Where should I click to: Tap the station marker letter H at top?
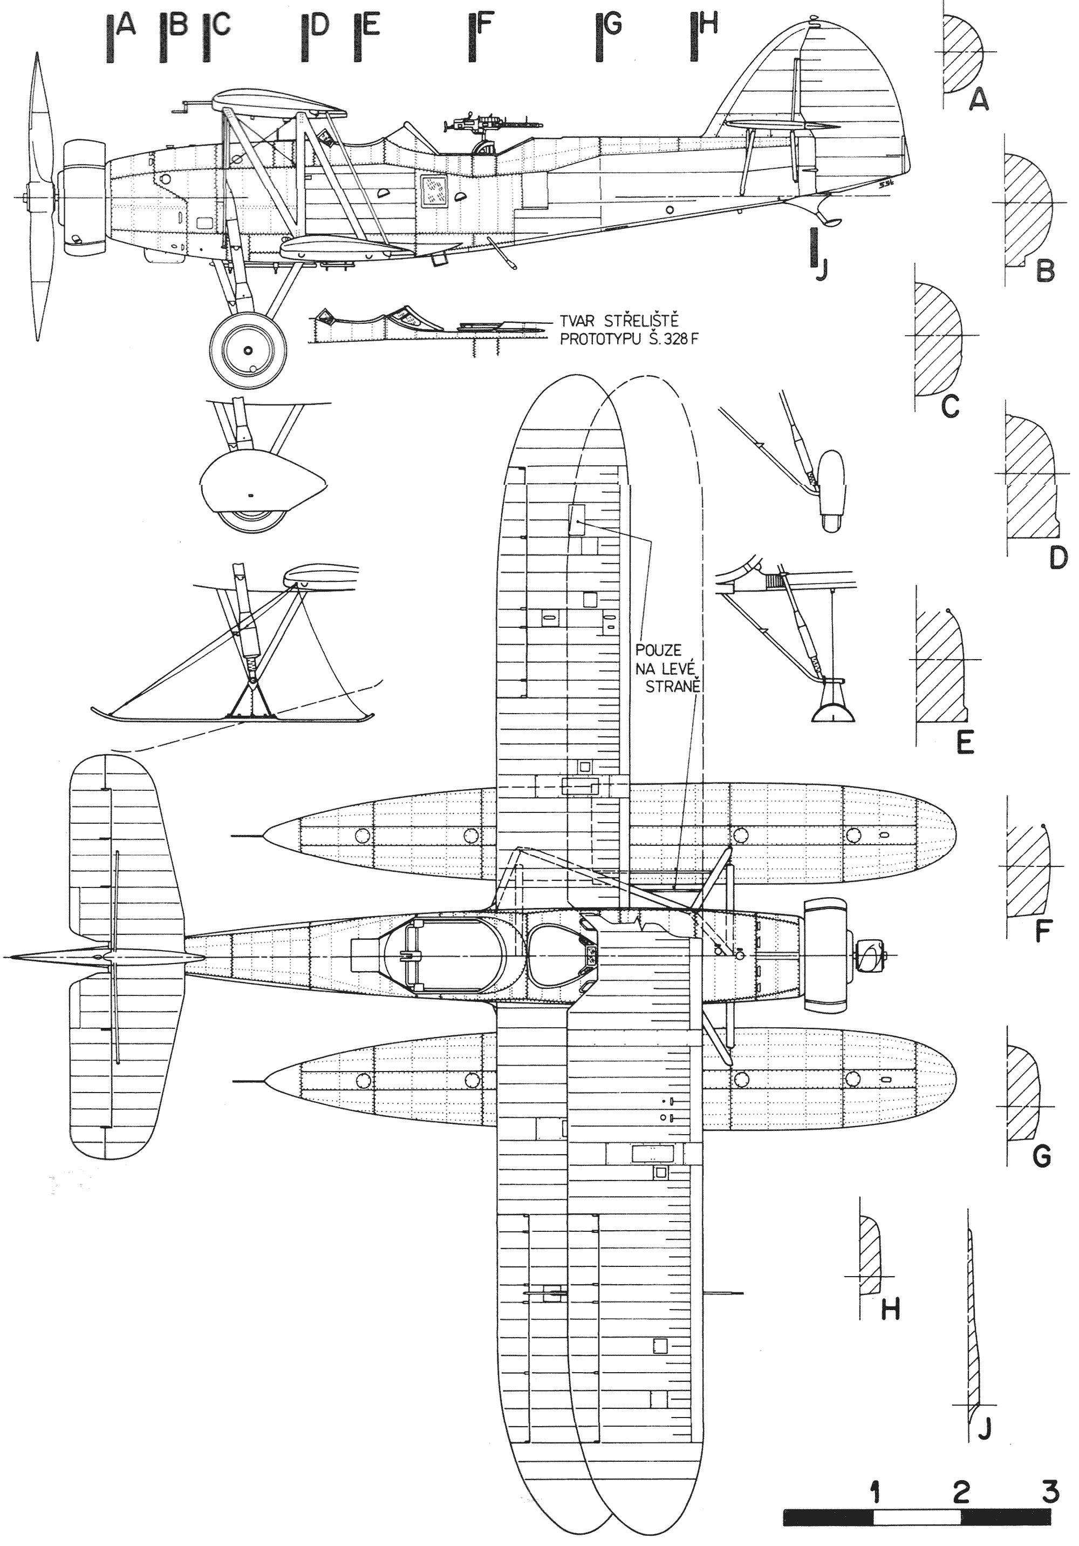[708, 24]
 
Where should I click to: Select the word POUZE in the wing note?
[658, 650]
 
